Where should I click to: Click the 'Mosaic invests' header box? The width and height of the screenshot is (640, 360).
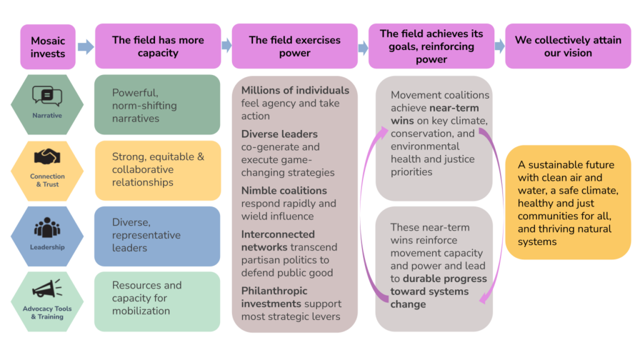point(47,46)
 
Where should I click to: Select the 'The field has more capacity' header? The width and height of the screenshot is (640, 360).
point(157,46)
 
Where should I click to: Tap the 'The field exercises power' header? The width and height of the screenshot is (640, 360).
point(294,46)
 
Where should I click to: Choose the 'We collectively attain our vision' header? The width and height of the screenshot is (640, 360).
point(567,46)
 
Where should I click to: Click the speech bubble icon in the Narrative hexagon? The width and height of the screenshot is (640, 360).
point(47,96)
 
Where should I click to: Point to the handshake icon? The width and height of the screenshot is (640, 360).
point(47,157)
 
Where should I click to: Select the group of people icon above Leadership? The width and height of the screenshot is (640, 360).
point(47,227)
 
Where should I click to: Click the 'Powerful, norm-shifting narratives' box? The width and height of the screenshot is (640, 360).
point(157,104)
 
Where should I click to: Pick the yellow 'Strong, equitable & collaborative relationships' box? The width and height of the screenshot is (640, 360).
point(157,170)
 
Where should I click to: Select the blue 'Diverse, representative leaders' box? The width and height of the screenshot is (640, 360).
point(157,236)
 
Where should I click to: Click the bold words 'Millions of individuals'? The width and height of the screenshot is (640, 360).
point(295,91)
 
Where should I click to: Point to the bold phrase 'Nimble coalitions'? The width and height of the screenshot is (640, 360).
point(284,191)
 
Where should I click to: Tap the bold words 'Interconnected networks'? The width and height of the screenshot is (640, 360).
point(278,241)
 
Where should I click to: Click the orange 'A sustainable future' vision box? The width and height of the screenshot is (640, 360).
point(567,202)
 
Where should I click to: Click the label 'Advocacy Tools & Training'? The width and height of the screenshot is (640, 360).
point(47,312)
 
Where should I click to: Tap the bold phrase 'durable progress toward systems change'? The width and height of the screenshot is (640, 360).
point(437,291)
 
